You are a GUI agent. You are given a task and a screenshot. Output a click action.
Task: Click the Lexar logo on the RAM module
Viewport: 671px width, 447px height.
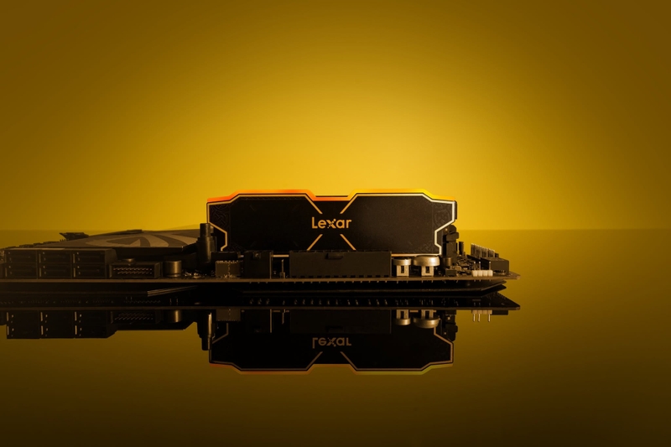331,223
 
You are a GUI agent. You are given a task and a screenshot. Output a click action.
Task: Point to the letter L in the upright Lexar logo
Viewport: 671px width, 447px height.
315,223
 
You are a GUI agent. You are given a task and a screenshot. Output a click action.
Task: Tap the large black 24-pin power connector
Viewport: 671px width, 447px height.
341,265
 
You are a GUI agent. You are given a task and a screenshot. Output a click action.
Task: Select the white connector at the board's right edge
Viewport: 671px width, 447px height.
481,273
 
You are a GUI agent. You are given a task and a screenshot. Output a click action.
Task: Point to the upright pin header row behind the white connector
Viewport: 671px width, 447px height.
481,252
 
